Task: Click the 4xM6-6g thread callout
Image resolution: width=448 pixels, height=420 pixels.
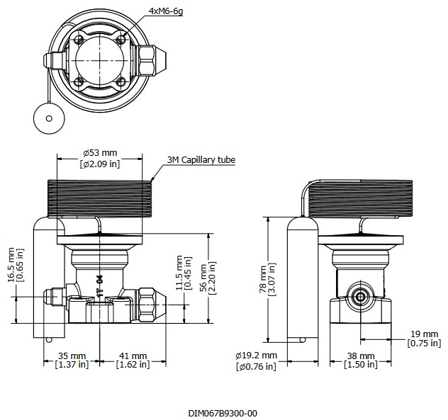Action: (165, 12)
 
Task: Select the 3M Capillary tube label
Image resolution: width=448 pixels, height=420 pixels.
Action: (201, 160)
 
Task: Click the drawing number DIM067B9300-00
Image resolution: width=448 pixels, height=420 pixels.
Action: (223, 413)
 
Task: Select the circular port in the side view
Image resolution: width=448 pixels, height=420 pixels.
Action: (359, 296)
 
